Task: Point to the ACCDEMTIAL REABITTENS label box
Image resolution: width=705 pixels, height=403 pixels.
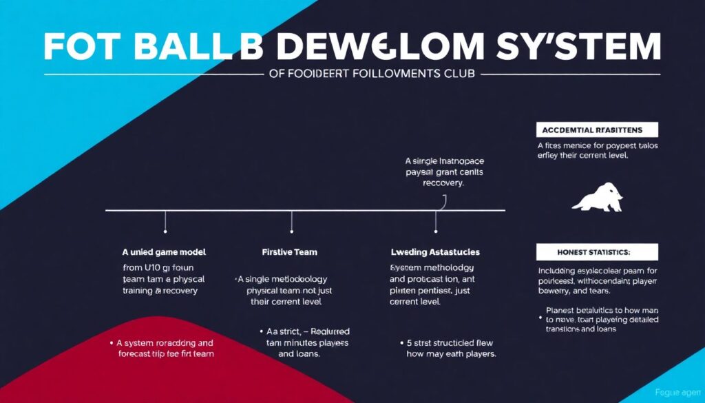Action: point(596,130)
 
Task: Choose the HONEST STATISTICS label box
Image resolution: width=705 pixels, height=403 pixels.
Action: point(596,251)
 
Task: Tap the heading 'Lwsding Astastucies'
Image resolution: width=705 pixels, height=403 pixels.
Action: point(435,252)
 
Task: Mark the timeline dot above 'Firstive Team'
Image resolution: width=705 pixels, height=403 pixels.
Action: point(292,231)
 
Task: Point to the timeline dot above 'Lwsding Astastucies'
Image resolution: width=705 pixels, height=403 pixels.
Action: point(436,231)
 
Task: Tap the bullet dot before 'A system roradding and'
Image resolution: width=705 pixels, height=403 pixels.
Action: point(112,342)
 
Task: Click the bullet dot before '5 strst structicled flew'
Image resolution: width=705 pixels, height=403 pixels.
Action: point(401,342)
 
